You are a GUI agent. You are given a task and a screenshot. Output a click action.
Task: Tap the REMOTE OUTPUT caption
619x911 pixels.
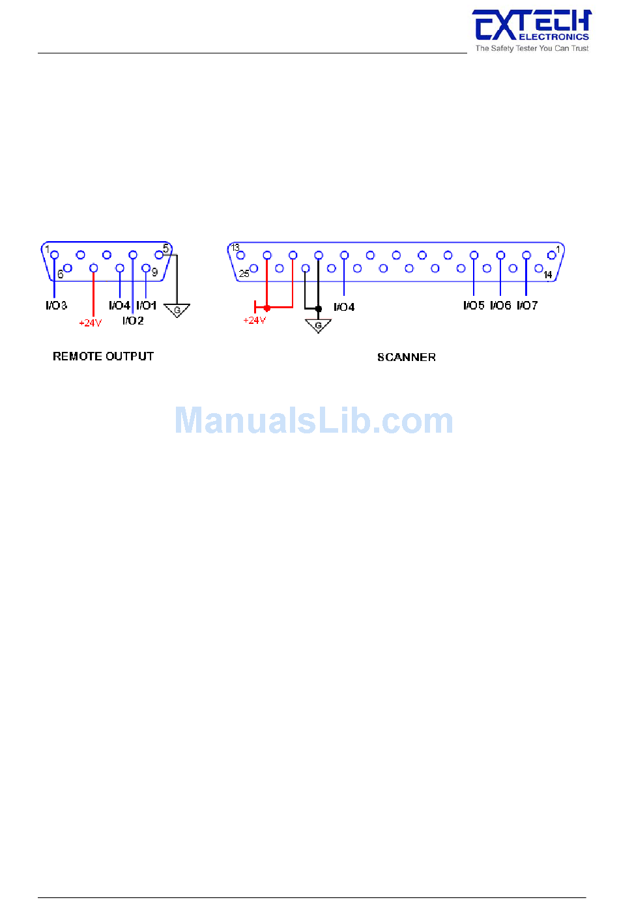pyautogui.click(x=103, y=356)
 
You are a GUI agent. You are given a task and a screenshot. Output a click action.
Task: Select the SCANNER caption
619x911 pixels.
pyautogui.click(x=406, y=357)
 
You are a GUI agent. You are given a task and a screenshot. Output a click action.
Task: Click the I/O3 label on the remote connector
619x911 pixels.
pyautogui.click(x=57, y=306)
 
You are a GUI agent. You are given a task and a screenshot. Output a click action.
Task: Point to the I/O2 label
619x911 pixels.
pyautogui.click(x=133, y=321)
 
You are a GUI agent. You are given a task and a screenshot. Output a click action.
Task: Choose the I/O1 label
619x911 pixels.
pyautogui.click(x=147, y=306)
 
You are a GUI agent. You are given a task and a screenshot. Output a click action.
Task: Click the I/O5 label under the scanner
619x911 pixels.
pyautogui.click(x=474, y=306)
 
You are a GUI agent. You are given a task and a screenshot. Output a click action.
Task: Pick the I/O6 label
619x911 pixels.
pyautogui.click(x=500, y=306)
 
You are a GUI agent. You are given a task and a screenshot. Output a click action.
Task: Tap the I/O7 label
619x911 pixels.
pyautogui.click(x=527, y=306)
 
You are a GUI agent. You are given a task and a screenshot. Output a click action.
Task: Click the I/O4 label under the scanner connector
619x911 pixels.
pyautogui.click(x=344, y=307)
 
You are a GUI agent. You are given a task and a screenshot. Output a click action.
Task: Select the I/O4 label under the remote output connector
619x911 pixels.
pyautogui.click(x=119, y=306)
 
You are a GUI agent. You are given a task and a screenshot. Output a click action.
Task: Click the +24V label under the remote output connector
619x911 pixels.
pyautogui.click(x=90, y=323)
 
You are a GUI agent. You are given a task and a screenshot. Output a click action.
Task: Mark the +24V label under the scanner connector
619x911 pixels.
pyautogui.click(x=254, y=320)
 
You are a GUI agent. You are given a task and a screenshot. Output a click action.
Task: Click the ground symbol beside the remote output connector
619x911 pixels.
pyautogui.click(x=177, y=311)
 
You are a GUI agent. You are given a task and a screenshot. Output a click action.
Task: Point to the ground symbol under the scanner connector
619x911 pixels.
pyautogui.click(x=318, y=326)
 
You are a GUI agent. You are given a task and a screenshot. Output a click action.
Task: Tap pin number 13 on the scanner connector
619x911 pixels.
pyautogui.click(x=235, y=248)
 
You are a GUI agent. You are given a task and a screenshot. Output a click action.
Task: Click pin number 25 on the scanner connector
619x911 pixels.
pyautogui.click(x=244, y=274)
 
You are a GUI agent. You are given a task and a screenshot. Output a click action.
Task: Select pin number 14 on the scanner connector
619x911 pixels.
pyautogui.click(x=548, y=275)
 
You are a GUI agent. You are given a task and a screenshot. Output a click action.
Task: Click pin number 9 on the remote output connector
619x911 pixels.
pyautogui.click(x=154, y=272)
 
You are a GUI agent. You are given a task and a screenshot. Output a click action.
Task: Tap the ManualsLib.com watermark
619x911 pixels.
pyautogui.click(x=313, y=421)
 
